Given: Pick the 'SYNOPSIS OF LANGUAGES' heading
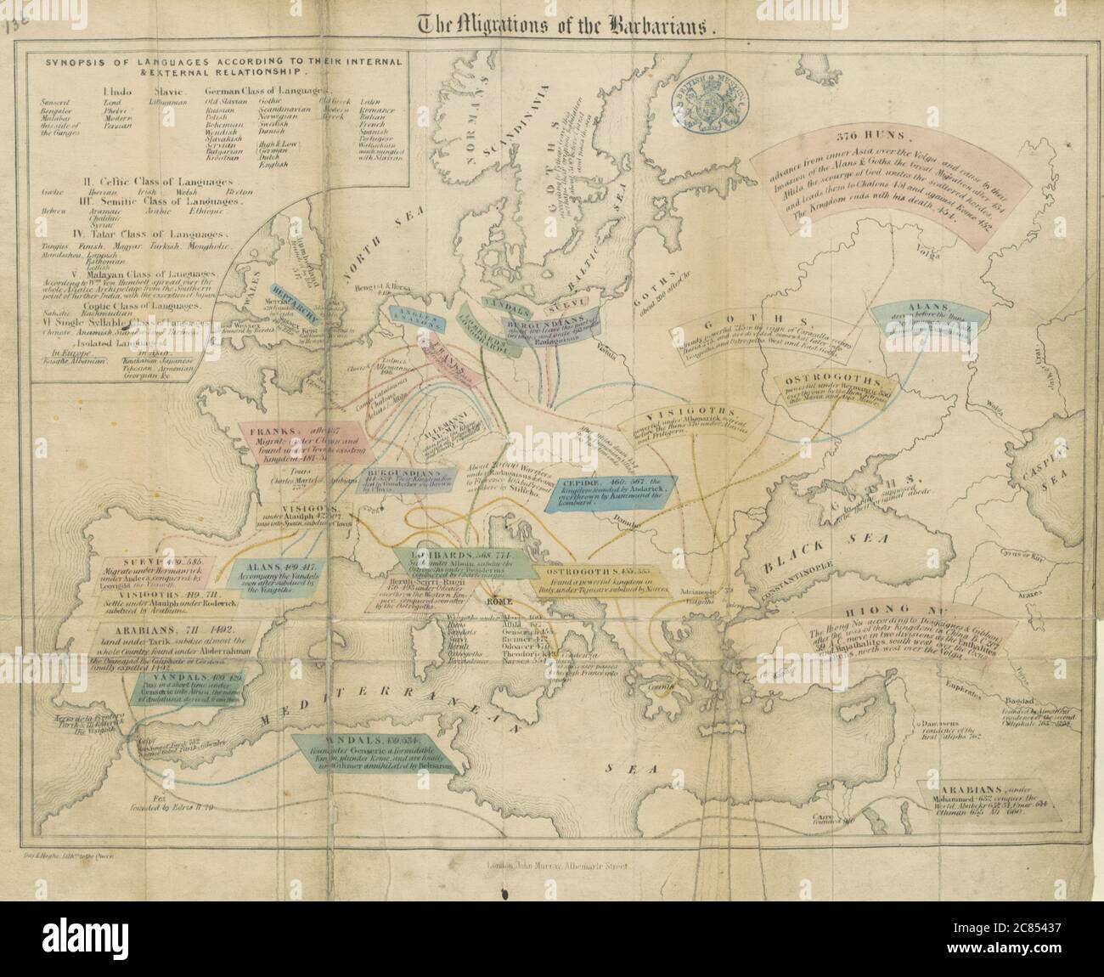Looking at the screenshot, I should [217, 66].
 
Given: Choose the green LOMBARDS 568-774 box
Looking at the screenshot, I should [459, 565].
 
